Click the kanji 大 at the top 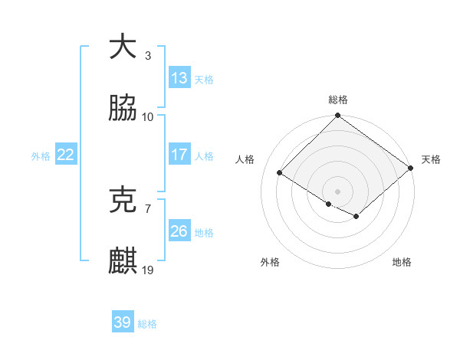pos(123,47)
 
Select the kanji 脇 pos(123,109)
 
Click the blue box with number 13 pos(179,78)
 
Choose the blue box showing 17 pos(179,155)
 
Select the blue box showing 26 pos(179,231)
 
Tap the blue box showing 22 pos(66,155)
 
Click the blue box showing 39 pos(123,322)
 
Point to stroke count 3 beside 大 pos(148,56)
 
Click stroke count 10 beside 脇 pos(148,117)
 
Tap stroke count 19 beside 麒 pos(148,270)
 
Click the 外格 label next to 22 pos(41,155)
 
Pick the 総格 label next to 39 pos(147,324)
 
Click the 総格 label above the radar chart pos(338,100)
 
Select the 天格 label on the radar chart pos(431,159)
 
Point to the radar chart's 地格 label pos(402,263)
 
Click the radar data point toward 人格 pos(280,173)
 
